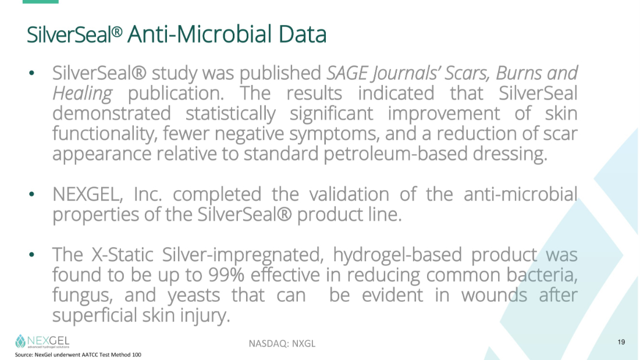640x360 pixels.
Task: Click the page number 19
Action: pos(621,342)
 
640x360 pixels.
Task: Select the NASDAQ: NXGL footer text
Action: pos(282,344)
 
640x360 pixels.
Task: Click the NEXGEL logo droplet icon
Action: pos(20,341)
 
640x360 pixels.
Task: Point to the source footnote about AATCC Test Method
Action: pos(78,355)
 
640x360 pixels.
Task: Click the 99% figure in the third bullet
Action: pos(226,275)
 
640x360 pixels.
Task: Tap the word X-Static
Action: pos(122,255)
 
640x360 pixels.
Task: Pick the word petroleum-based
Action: pos(396,154)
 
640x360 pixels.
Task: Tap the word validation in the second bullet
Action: pos(349,194)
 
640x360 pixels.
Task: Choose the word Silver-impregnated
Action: pos(243,255)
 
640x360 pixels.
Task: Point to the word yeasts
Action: pos(194,295)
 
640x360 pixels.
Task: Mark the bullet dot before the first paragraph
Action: pos(32,73)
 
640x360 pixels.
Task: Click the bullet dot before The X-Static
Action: pos(32,255)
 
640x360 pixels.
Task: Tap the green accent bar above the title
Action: pos(40,2)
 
